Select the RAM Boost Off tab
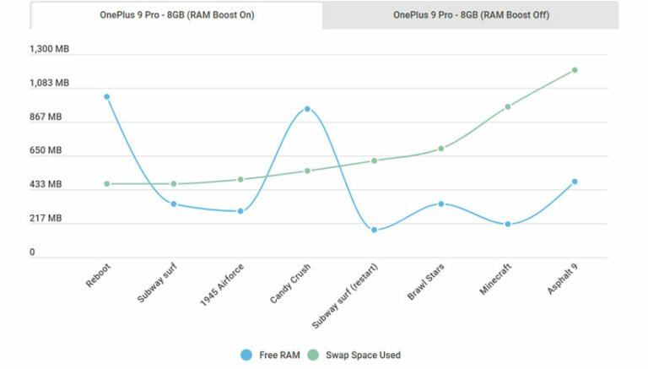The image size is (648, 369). pos(471,15)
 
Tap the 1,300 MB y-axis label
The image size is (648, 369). pos(49,49)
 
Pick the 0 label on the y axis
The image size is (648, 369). pos(32,252)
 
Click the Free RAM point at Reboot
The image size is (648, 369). pos(107,96)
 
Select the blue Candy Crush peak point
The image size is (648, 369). pos(307,109)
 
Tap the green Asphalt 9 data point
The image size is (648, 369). pos(574,70)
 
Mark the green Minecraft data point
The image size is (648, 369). pos(507,106)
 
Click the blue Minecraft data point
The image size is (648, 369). pos(507,224)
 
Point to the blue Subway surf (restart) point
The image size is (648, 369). pos(374,230)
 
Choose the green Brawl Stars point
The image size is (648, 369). pos(440,149)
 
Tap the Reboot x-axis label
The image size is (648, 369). pos(98,274)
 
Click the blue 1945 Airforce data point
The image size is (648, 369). pos(240,211)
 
